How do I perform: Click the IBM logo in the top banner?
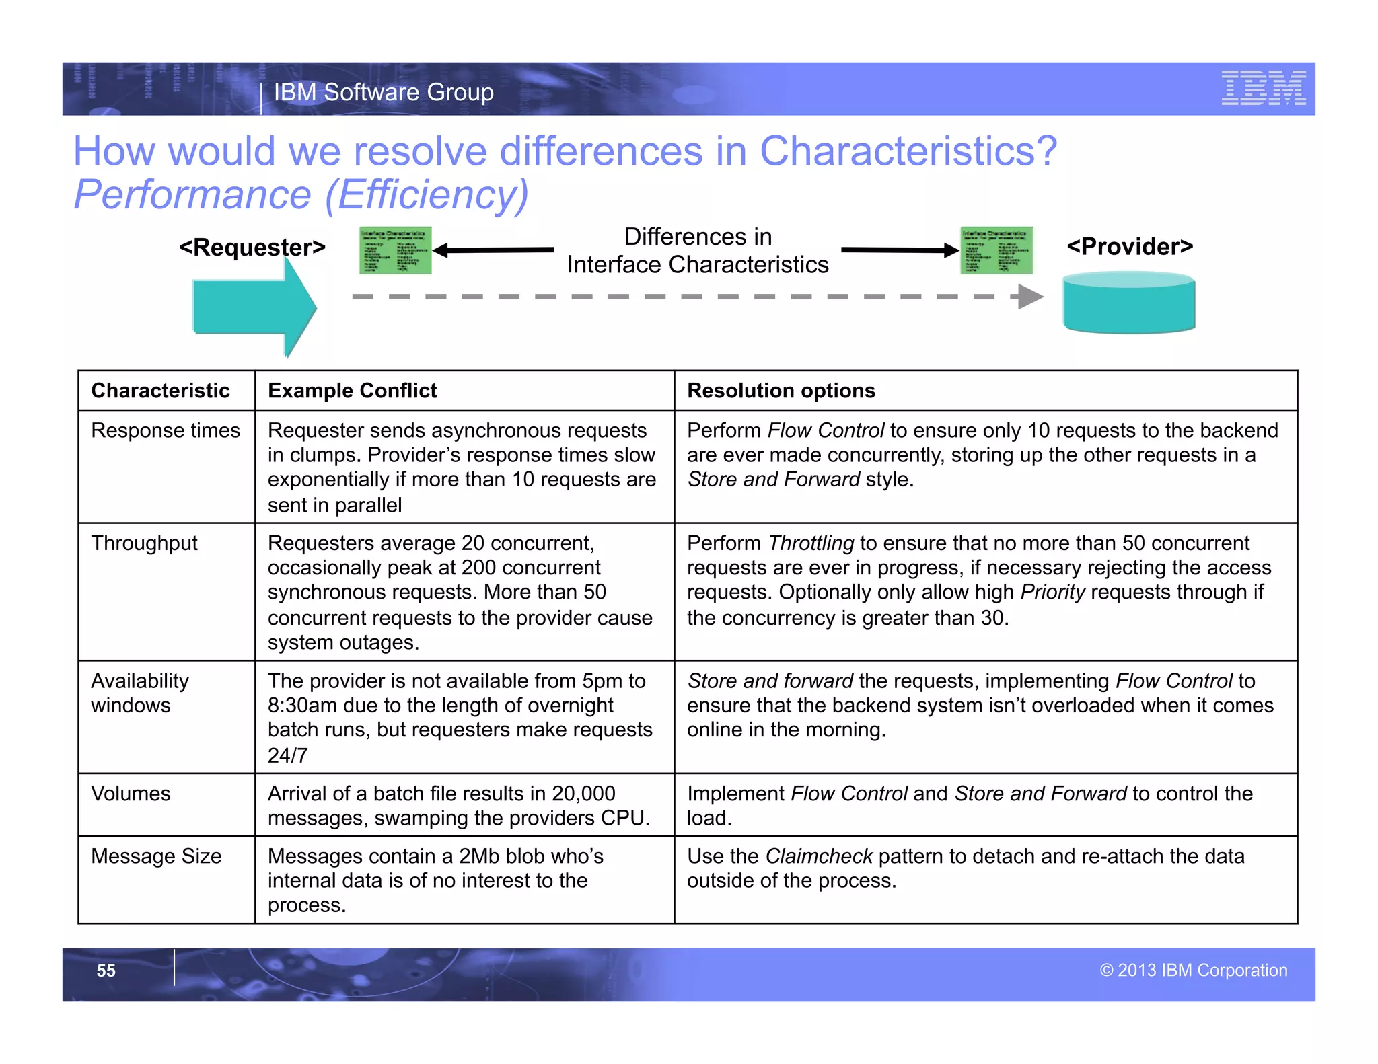(x=1263, y=88)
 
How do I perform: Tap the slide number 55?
(x=106, y=971)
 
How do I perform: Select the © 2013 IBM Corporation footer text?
(x=1193, y=970)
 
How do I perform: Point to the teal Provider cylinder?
(x=1128, y=303)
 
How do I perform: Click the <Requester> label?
(x=252, y=248)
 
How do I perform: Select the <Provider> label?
(x=1130, y=246)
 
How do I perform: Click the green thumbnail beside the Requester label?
(x=395, y=250)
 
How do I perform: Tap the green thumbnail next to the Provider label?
(x=996, y=250)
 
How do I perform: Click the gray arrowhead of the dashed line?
(x=1029, y=297)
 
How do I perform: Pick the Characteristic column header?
(x=160, y=391)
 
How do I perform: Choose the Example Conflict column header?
(x=352, y=391)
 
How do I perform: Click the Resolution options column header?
(x=781, y=391)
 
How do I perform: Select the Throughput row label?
(x=144, y=543)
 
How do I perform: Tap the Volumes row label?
(x=131, y=794)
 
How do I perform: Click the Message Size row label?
(x=156, y=856)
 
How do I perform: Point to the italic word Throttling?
(x=811, y=543)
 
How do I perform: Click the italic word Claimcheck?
(x=819, y=856)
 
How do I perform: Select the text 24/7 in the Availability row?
(x=287, y=755)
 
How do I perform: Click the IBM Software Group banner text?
(x=384, y=92)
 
